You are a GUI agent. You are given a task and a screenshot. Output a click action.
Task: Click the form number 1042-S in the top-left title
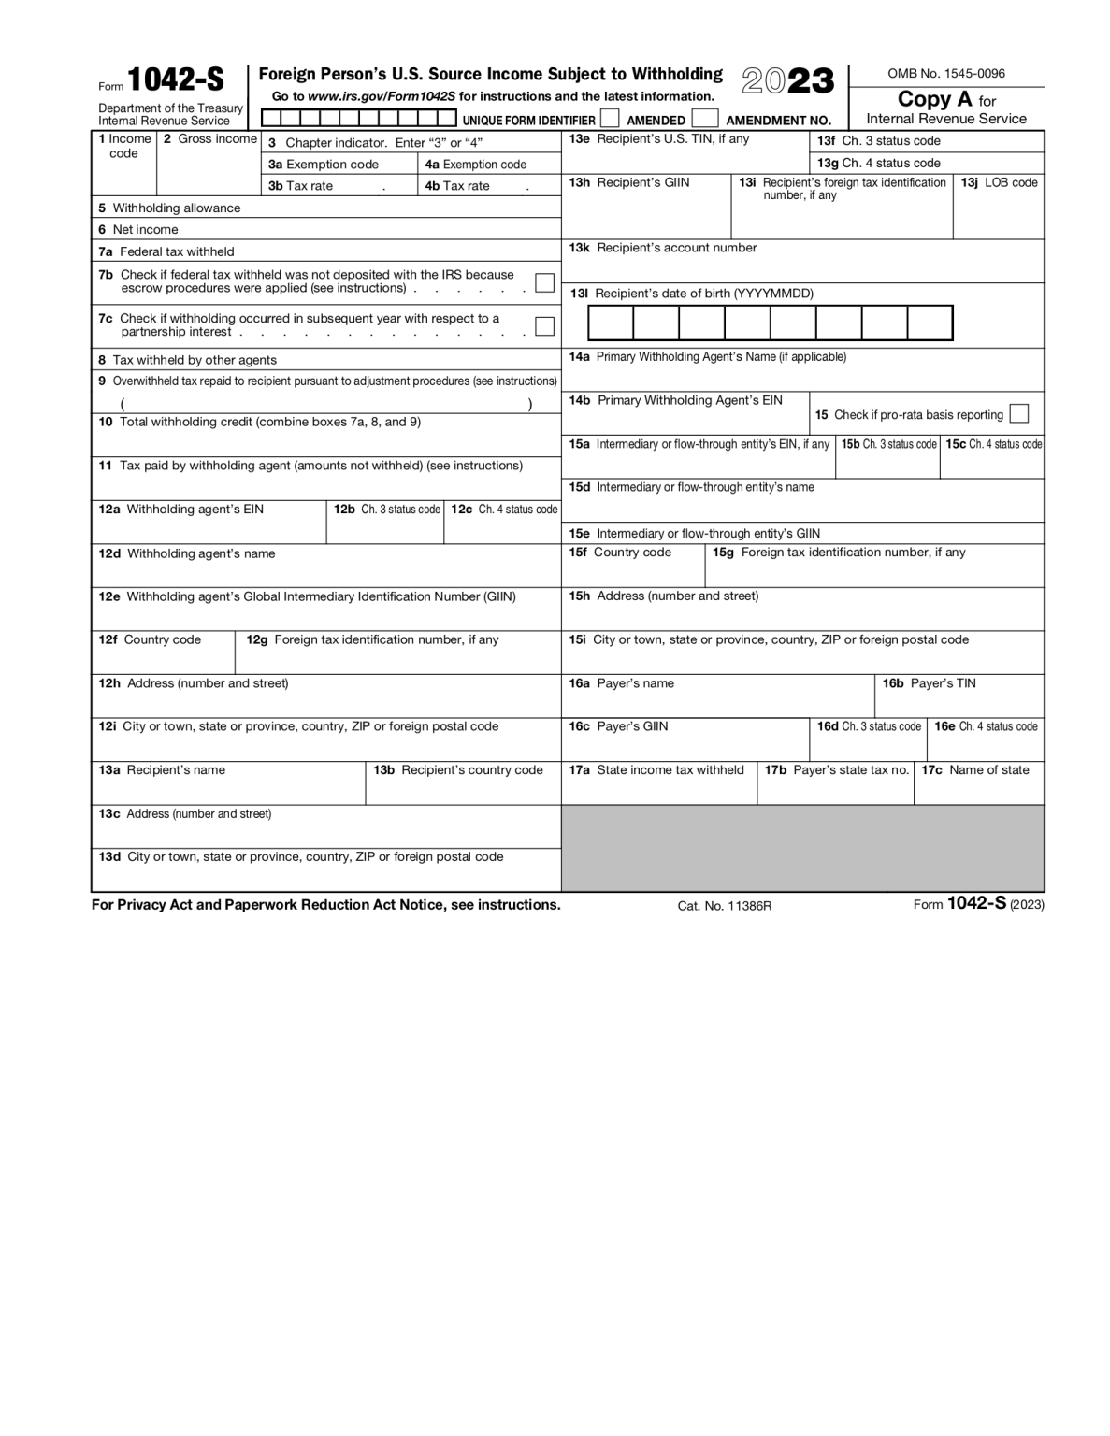pyautogui.click(x=175, y=80)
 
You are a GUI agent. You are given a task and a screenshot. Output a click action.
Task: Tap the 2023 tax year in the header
pyautogui.click(x=787, y=81)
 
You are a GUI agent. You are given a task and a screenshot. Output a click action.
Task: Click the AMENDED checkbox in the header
pyautogui.click(x=610, y=119)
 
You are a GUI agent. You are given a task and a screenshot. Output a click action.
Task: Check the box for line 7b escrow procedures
pyautogui.click(x=544, y=282)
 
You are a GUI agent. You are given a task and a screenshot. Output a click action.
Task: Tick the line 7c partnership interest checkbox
pyautogui.click(x=544, y=326)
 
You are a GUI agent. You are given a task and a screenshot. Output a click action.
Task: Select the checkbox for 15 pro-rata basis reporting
pyautogui.click(x=1019, y=413)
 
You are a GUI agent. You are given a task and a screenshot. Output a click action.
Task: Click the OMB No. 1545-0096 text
pyautogui.click(x=946, y=73)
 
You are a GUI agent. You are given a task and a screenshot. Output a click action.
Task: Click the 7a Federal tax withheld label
pyautogui.click(x=166, y=251)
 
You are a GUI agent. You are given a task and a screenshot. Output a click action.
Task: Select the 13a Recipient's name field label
pyautogui.click(x=162, y=770)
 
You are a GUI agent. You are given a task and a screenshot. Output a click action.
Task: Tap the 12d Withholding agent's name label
pyautogui.click(x=187, y=553)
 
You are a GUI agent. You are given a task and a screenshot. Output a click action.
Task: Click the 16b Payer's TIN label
pyautogui.click(x=929, y=683)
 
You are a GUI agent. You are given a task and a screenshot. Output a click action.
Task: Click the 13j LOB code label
pyautogui.click(x=999, y=183)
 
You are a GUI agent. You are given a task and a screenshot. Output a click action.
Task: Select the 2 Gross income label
pyautogui.click(x=209, y=139)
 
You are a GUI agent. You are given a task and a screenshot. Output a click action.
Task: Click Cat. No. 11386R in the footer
pyautogui.click(x=725, y=906)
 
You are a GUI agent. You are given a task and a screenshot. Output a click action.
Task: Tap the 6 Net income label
pyautogui.click(x=138, y=230)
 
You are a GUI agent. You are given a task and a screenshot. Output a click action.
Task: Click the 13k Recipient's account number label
pyautogui.click(x=663, y=248)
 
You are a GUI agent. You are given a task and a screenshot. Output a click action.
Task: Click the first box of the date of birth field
pyautogui.click(x=611, y=323)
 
